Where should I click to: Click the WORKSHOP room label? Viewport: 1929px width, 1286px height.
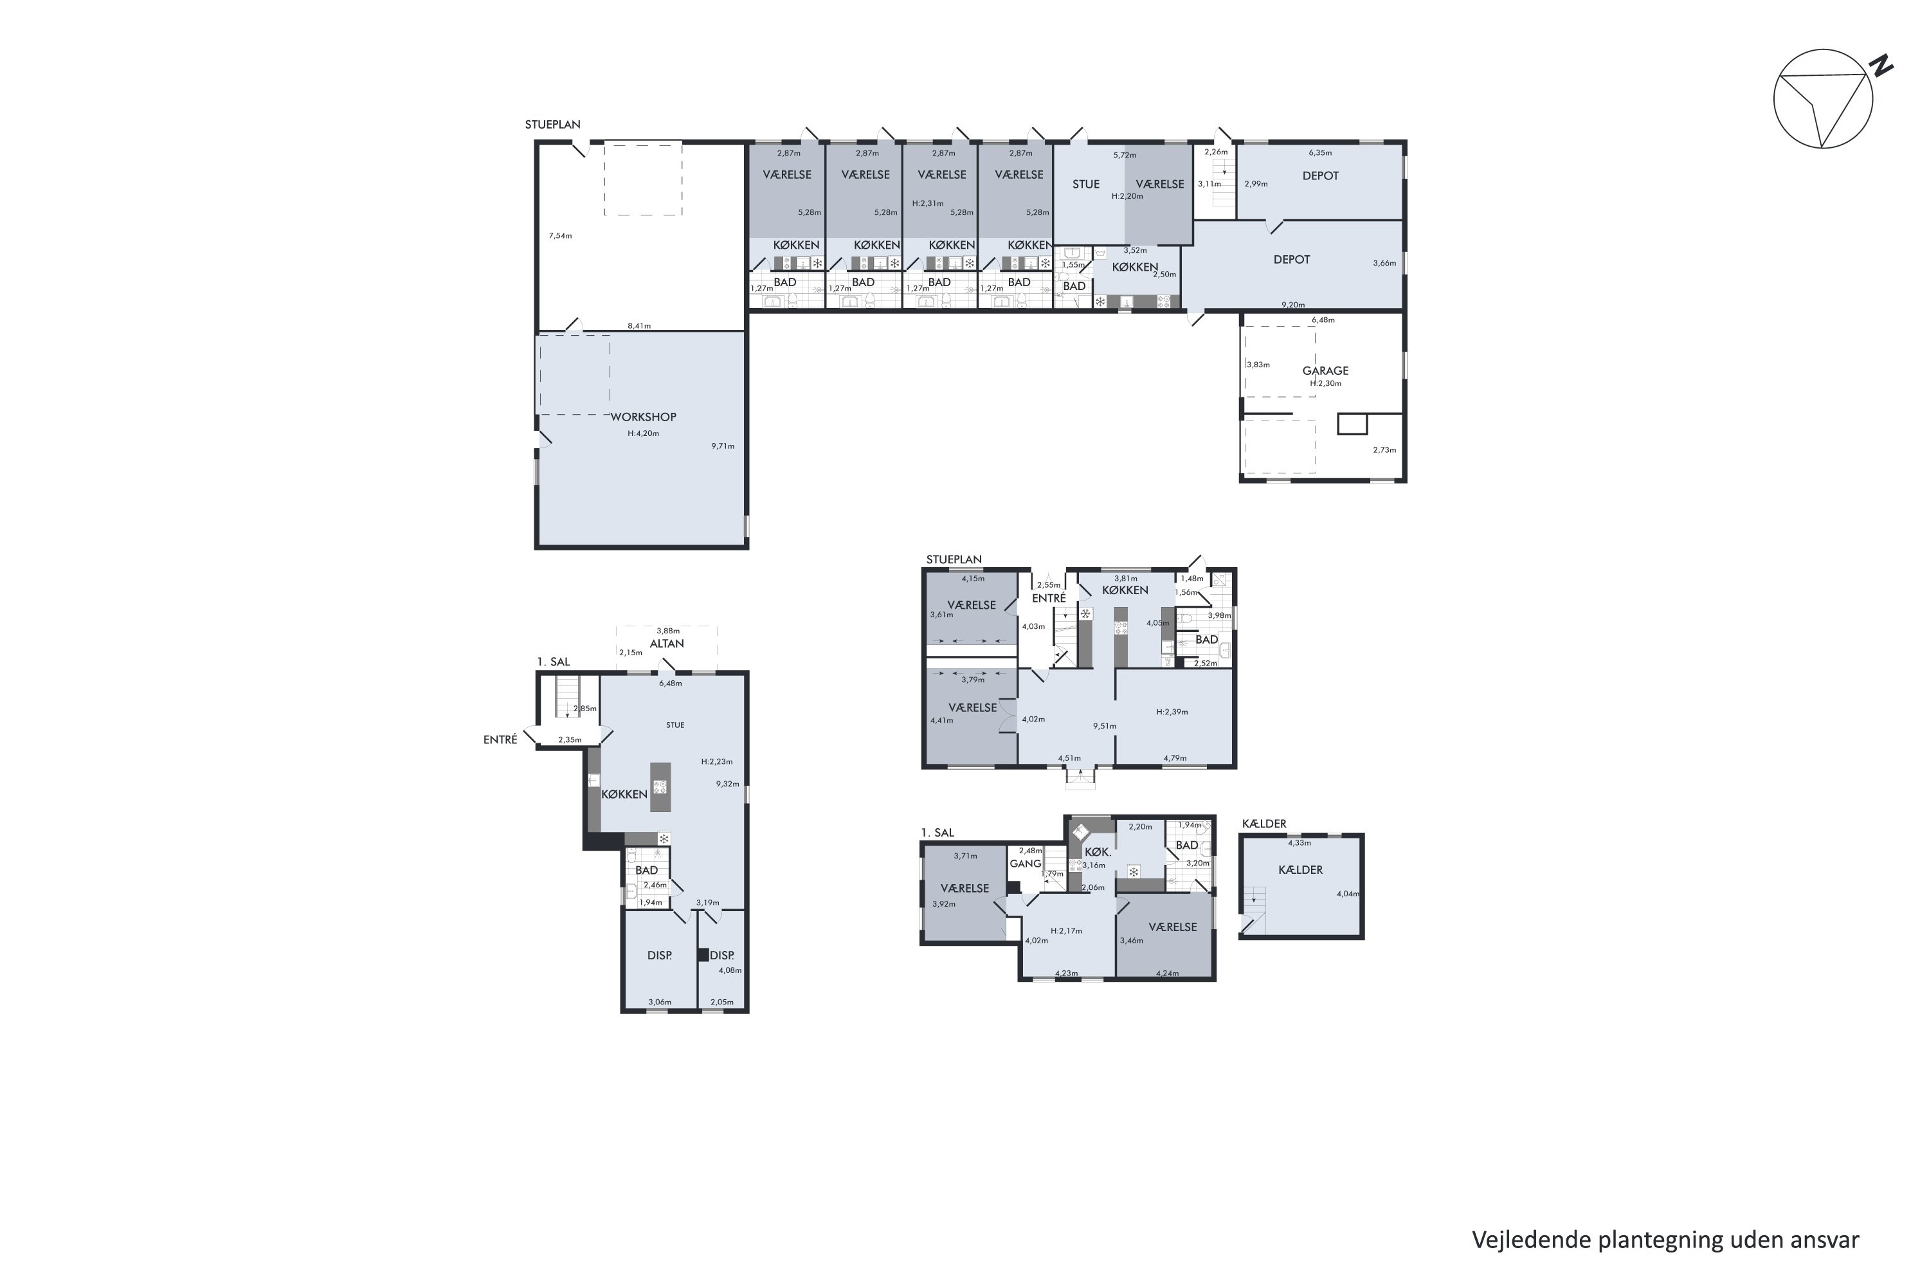point(643,417)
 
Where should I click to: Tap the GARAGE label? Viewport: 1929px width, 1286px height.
point(1325,371)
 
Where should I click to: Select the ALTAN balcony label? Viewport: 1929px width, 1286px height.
point(667,644)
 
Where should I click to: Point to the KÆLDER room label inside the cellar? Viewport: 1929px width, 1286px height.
point(1301,870)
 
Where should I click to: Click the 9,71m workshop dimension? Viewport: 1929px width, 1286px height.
point(723,446)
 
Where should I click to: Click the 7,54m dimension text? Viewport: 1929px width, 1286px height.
point(560,236)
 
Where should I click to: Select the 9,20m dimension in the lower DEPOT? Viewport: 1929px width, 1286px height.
point(1293,305)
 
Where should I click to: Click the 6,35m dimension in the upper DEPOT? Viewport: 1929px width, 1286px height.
point(1321,152)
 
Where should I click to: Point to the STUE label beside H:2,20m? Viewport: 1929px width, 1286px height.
point(1086,185)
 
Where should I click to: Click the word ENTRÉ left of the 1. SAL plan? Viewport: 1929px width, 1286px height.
point(500,740)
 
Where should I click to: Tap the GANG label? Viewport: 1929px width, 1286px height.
point(1025,864)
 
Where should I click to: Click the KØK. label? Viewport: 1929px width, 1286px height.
point(1098,852)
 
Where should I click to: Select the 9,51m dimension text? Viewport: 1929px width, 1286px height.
point(1105,726)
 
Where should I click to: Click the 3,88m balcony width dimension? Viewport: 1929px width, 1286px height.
point(669,631)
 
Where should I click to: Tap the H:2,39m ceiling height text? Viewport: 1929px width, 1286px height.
point(1172,712)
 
